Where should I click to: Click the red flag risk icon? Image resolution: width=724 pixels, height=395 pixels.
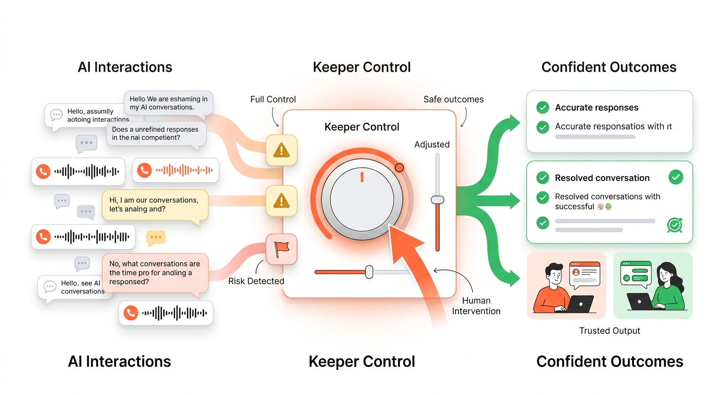tap(281, 249)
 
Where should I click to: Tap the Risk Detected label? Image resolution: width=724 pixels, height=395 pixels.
tap(256, 281)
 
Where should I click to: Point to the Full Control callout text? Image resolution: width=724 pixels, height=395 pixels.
tap(273, 99)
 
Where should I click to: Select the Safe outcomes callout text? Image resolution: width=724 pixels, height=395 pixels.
tap(453, 99)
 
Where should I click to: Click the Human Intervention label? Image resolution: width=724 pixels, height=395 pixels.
tap(476, 306)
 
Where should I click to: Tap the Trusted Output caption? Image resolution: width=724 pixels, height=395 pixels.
tap(609, 331)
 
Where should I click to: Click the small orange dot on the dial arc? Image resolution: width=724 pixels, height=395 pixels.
tap(399, 168)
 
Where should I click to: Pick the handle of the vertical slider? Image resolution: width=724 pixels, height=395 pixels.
tap(438, 200)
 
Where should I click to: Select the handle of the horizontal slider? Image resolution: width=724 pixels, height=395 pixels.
tap(369, 272)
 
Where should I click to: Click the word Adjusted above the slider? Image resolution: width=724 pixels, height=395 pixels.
tap(432, 145)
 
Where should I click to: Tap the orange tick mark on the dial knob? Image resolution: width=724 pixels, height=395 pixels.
tap(362, 177)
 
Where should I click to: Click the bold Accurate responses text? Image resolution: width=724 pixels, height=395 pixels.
tap(596, 107)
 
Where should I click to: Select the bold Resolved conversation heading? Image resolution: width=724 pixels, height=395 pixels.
tap(602, 178)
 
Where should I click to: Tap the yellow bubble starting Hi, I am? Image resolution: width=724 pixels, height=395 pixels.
tap(155, 205)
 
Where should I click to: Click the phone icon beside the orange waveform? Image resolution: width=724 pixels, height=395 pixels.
tap(144, 170)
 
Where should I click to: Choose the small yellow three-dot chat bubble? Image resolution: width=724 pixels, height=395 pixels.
tap(155, 238)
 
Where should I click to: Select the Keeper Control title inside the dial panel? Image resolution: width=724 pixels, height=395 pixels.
tap(361, 127)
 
